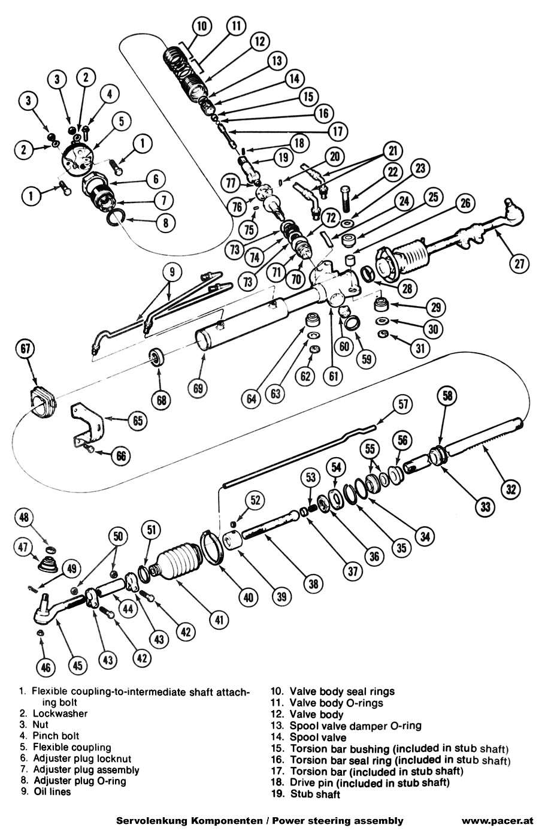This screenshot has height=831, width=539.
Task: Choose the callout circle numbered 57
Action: point(404,405)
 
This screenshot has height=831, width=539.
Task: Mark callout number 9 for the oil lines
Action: point(172,271)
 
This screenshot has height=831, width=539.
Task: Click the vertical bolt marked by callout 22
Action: point(347,198)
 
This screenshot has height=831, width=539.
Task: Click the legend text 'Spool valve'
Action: point(317,737)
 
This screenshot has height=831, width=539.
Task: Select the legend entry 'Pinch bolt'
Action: point(56,736)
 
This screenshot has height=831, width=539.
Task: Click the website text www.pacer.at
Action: point(497,821)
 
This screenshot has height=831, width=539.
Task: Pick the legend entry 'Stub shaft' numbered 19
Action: point(315,794)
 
